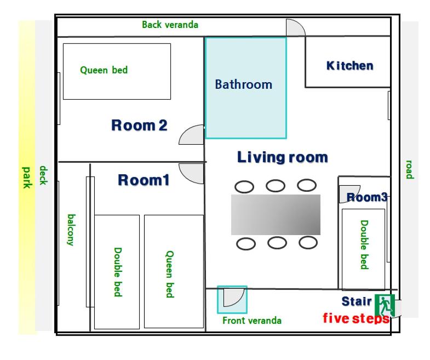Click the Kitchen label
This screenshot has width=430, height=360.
[x=350, y=66]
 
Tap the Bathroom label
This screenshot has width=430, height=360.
[x=244, y=84]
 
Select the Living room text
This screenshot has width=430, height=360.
[x=283, y=157]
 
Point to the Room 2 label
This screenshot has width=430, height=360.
[x=139, y=125]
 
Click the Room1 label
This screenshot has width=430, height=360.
[x=144, y=180]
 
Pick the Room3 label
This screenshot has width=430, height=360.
[x=367, y=197]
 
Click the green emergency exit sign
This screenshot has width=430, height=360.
[x=385, y=305]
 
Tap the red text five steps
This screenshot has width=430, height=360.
[x=356, y=318]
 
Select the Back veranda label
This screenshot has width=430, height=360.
[x=170, y=25]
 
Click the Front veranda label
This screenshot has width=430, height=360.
[x=252, y=321]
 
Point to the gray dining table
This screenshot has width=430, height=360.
[x=276, y=215]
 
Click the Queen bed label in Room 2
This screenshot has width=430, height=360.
[x=104, y=70]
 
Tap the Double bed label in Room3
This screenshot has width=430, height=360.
[x=364, y=244]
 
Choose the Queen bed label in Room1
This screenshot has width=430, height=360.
[x=170, y=274]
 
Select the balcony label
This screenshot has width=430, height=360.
[x=71, y=230]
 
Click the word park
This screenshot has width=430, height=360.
[x=27, y=178]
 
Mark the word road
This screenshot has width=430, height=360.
[x=409, y=169]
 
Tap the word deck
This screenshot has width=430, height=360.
[x=44, y=175]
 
